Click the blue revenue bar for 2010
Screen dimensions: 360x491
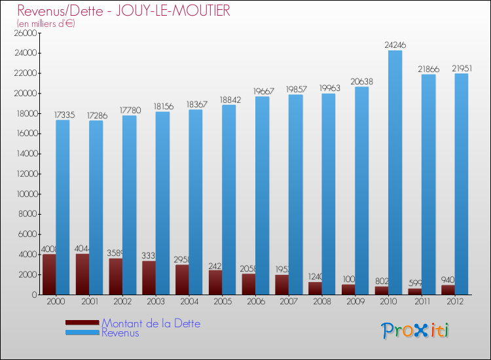click(x=395, y=173)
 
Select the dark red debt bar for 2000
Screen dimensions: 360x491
click(x=48, y=274)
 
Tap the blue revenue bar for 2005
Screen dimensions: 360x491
click(x=228, y=200)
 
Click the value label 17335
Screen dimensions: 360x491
click(x=65, y=115)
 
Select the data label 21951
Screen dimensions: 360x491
click(x=462, y=68)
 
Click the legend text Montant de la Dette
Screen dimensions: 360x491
click(x=151, y=323)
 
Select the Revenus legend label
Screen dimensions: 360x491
click(x=120, y=333)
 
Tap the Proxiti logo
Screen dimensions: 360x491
click(x=416, y=331)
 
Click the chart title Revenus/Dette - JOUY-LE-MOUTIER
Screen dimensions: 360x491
click(x=124, y=11)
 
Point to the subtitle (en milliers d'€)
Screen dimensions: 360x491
click(x=46, y=24)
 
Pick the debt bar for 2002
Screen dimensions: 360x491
click(x=115, y=276)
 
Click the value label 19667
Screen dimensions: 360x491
click(x=264, y=91)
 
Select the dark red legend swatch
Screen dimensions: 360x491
click(x=82, y=323)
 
